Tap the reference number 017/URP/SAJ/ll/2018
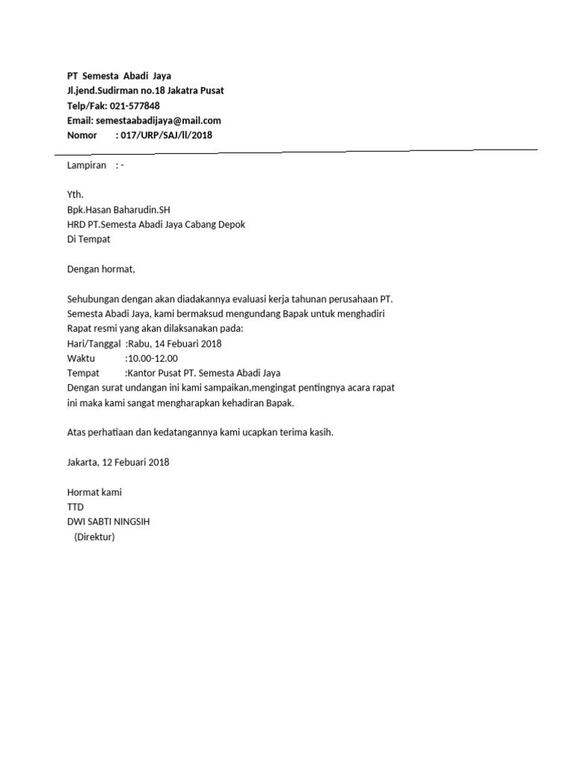(166, 135)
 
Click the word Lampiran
(86, 165)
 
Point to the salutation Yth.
(75, 195)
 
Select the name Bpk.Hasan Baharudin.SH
(123, 210)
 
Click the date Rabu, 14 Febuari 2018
(175, 344)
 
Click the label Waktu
(82, 359)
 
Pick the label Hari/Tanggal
(94, 344)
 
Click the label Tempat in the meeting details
(83, 374)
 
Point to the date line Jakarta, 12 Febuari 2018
(118, 462)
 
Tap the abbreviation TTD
(75, 507)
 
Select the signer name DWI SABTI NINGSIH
(108, 522)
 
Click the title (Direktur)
(94, 537)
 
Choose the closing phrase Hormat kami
(95, 493)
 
